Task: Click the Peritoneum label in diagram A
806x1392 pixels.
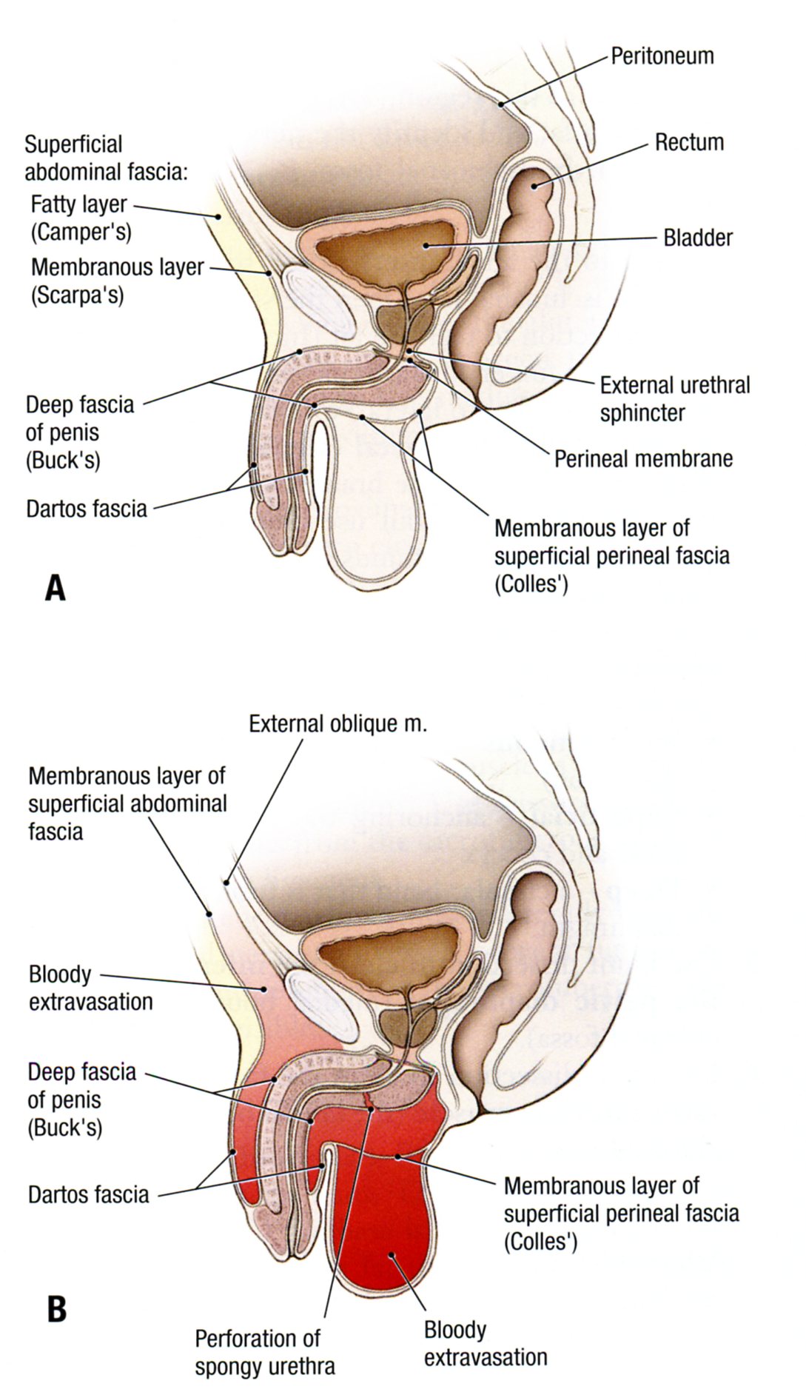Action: coord(662,56)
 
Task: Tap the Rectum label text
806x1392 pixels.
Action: coord(688,142)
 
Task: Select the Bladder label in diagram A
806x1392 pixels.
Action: coord(697,238)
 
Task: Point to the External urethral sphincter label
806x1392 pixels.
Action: coord(674,398)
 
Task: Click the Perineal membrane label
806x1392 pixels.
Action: coord(643,458)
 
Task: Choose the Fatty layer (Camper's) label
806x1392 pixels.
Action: coord(80,217)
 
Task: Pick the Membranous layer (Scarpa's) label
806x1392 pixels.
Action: coord(117,280)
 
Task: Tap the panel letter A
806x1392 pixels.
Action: coord(56,588)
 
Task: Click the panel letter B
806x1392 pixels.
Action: coord(57,1308)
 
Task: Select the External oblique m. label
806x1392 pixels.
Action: coord(337,723)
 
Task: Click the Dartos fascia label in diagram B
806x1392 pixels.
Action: coord(88,1194)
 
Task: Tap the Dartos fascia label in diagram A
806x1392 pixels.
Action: coord(87,509)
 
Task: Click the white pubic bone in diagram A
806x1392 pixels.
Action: coord(321,303)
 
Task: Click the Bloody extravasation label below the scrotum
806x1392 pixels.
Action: coord(485,1343)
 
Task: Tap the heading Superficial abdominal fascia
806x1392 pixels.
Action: coord(107,158)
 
